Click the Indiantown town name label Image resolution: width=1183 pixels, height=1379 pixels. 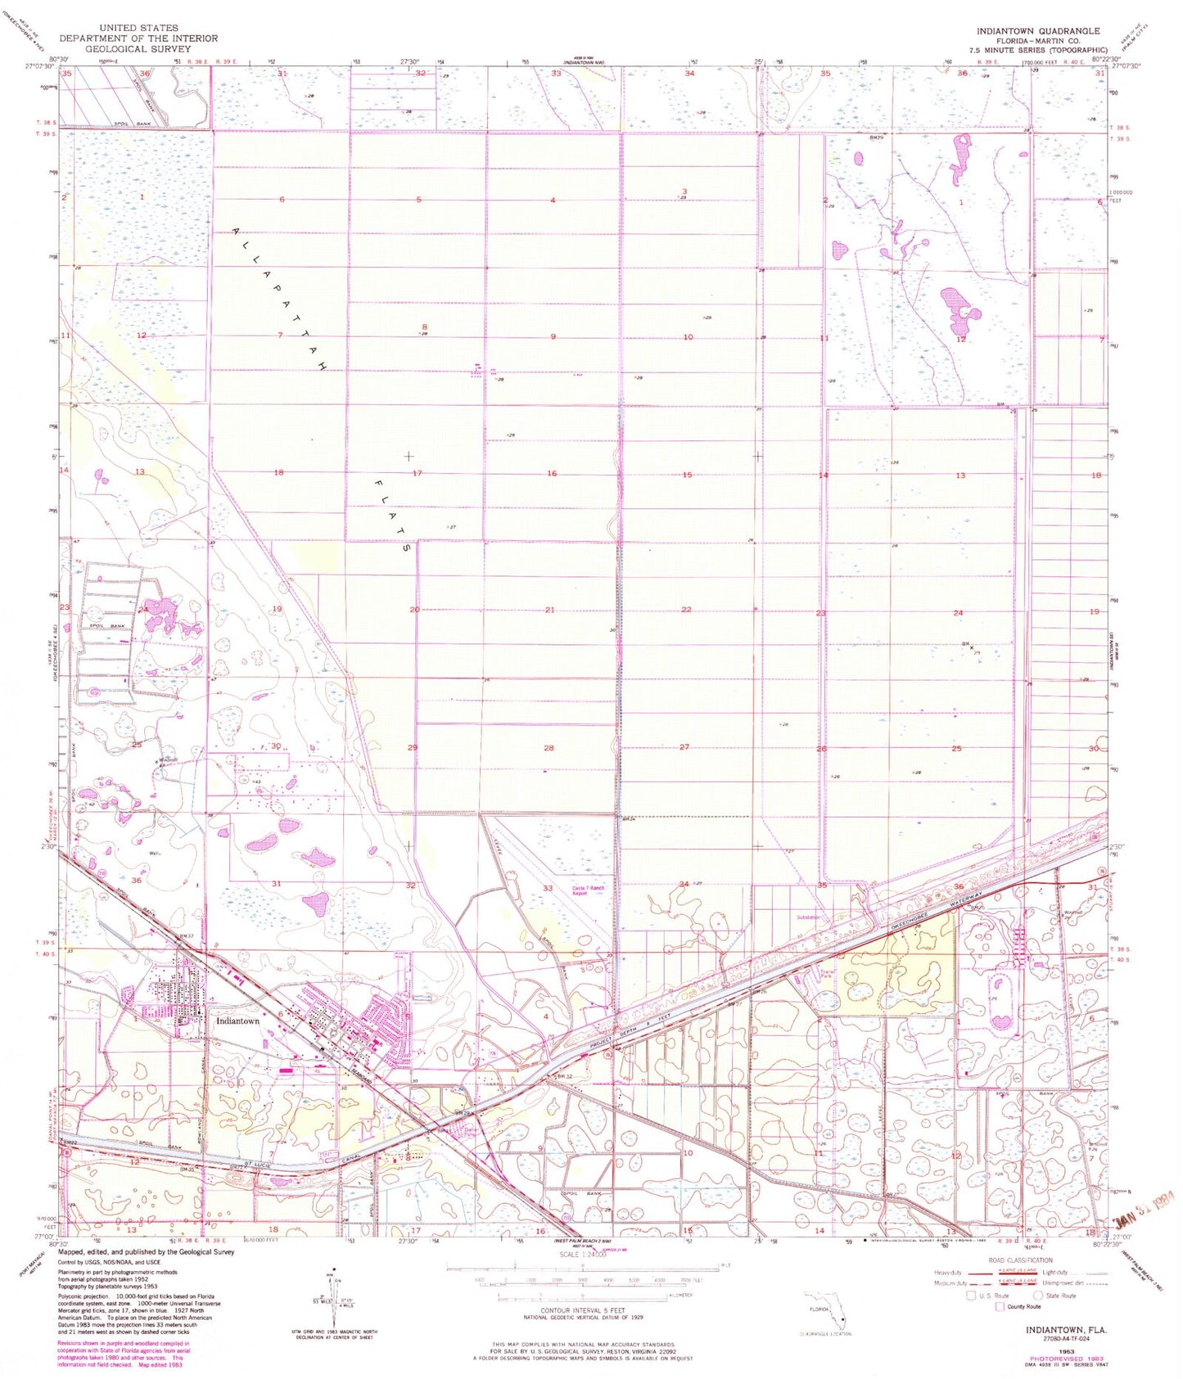237,1021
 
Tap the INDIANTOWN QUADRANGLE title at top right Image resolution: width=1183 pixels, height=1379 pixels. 1037,30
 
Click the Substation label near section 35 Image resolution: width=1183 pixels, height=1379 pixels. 808,917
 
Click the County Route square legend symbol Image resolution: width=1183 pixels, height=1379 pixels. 999,1307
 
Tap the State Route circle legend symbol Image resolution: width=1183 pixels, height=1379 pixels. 1038,1296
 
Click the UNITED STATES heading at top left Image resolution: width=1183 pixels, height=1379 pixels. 138,28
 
